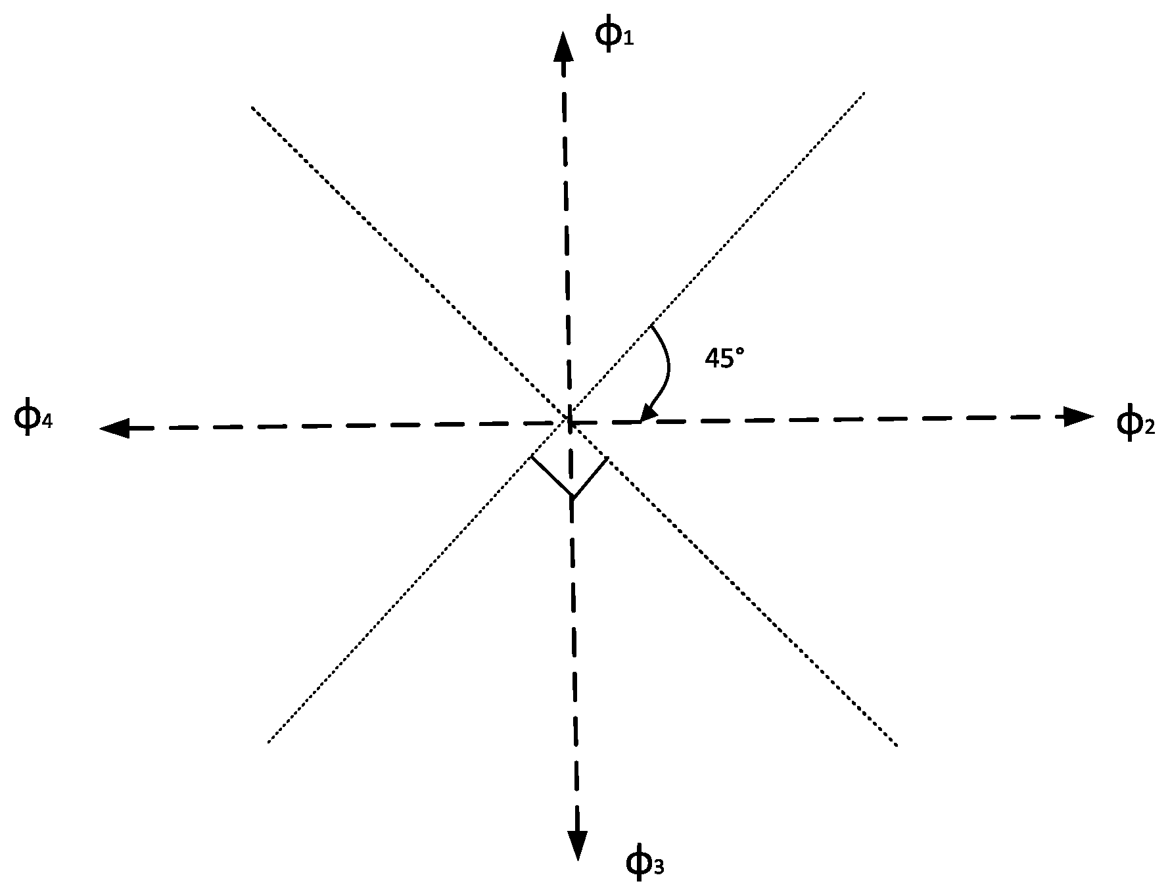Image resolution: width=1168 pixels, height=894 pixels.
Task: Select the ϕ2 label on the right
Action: [1135, 423]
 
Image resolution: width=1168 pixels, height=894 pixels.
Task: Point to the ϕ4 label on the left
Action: [32, 417]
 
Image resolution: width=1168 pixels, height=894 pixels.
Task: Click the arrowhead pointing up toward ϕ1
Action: [562, 47]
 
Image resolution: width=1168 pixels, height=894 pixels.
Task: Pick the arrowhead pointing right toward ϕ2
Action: [1079, 415]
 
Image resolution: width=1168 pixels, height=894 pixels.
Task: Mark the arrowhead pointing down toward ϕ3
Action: [578, 845]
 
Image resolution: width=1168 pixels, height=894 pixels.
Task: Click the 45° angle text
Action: [724, 358]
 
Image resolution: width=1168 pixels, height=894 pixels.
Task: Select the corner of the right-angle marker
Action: [572, 497]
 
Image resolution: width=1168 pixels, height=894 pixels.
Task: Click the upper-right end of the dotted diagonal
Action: [863, 93]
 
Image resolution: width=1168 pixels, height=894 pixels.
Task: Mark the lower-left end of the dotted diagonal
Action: [269, 742]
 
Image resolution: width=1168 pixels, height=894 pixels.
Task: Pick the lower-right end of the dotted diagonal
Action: [896, 745]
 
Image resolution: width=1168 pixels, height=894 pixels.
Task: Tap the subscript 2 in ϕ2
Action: [1148, 429]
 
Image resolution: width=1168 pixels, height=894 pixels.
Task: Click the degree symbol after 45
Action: [740, 352]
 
